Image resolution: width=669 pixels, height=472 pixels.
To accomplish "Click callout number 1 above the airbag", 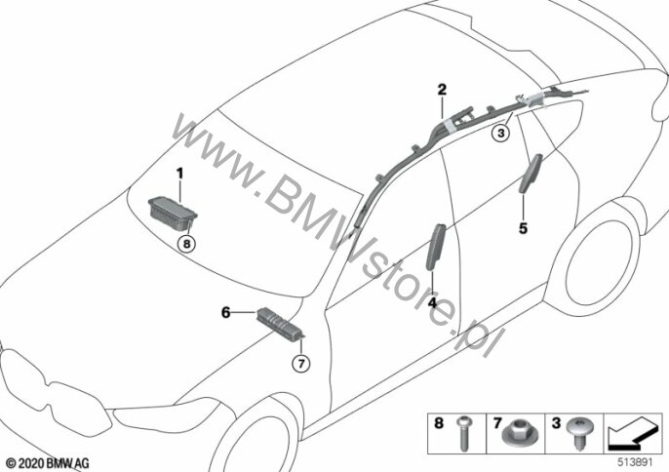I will (180, 173).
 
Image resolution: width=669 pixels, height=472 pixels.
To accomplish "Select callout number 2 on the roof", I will (441, 90).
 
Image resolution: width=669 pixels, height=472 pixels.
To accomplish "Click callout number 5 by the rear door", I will (524, 229).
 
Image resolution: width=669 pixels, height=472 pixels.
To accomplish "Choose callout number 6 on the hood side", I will (225, 313).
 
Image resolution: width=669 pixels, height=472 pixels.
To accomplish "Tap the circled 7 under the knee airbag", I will (300, 364).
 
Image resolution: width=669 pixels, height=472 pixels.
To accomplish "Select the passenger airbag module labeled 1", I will (172, 210).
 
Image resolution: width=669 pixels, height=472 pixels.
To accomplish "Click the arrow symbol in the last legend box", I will (632, 428).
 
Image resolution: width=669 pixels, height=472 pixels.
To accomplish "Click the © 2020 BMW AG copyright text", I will (46, 459).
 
